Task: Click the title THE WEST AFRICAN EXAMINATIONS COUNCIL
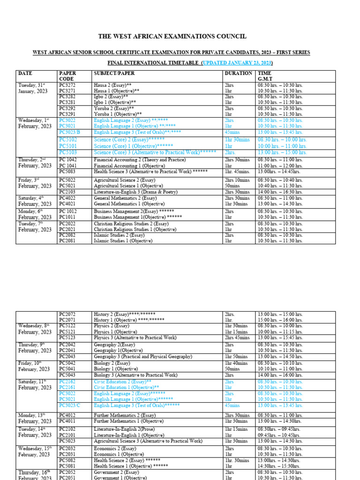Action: tap(172, 37)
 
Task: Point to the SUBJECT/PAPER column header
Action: tap(114, 74)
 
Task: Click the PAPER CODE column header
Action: tap(67, 76)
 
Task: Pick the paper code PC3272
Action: tap(67, 85)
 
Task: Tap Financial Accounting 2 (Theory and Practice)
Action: tap(140, 160)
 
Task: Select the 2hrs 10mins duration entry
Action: tap(237, 180)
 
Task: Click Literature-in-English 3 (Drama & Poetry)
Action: tap(136, 192)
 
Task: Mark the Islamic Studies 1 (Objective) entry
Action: tap(123, 241)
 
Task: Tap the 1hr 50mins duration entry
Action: tap(237, 357)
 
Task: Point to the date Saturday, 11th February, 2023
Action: tap(35, 385)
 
